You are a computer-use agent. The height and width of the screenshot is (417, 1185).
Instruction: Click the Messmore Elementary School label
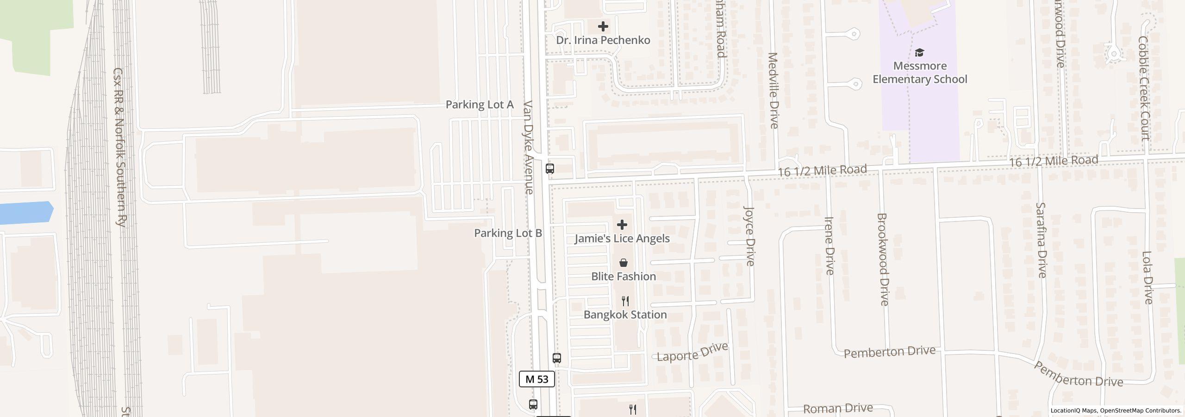pos(920,73)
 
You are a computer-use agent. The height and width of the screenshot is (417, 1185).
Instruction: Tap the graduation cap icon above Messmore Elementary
pos(920,52)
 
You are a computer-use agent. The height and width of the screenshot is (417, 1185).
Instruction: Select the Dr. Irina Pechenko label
pos(603,40)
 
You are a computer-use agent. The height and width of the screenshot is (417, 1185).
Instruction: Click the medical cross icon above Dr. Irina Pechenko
pos(603,26)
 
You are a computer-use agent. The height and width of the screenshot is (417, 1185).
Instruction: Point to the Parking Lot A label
pos(480,105)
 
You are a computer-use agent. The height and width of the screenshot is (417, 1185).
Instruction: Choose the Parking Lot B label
pos(508,233)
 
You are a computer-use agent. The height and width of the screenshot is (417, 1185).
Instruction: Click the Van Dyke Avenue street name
pos(529,147)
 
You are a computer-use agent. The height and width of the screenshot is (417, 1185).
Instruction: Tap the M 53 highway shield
pos(537,379)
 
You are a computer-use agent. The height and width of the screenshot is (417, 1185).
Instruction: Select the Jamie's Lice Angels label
pos(622,239)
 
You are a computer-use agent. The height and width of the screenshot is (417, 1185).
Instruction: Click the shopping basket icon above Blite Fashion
pos(624,263)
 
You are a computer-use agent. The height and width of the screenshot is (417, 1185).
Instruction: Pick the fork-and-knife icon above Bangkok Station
pos(625,301)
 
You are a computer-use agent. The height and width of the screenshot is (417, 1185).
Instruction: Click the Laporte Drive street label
pos(692,352)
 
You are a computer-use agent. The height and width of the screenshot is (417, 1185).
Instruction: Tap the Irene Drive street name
pos(829,246)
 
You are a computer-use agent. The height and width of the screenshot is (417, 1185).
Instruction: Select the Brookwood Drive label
pos(882,259)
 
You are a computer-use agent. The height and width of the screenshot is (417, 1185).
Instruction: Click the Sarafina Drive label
pos(1041,240)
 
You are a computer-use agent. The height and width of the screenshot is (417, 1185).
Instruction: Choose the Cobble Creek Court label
pos(1144,88)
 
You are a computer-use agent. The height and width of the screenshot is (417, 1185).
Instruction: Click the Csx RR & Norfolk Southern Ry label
pos(119,147)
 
